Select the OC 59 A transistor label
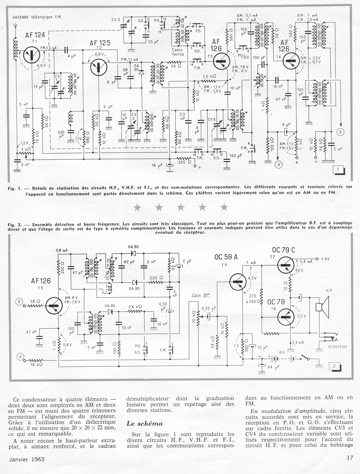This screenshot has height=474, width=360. tap(226, 257)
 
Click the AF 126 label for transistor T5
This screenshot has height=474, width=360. tap(41, 281)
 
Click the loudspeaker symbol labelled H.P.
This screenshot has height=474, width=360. tap(322, 307)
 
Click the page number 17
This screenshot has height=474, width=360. tap(349, 458)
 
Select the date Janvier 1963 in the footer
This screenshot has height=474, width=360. tap(27, 459)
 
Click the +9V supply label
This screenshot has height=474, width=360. tap(325, 259)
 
